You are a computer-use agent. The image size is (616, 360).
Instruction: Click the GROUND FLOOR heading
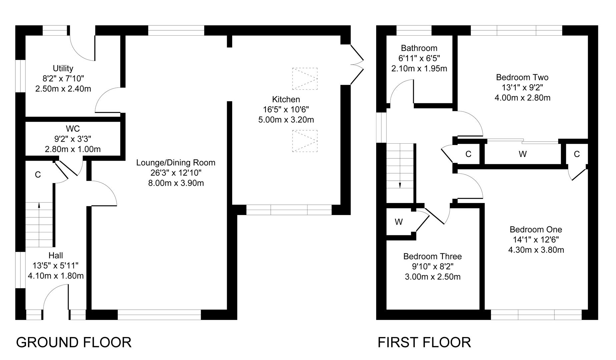(74, 342)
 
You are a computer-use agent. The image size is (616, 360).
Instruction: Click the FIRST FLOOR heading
(424, 342)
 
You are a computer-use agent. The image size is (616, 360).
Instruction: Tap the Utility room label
(63, 68)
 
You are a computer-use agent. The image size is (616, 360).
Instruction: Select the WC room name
(73, 128)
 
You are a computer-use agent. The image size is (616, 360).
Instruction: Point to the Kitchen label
(286, 99)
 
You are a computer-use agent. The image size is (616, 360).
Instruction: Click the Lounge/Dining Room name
(176, 163)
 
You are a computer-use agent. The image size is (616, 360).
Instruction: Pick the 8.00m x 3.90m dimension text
(176, 183)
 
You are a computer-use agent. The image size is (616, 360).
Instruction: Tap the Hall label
(56, 256)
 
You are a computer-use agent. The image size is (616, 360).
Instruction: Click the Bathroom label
(419, 48)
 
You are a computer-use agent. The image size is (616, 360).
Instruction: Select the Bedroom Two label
(522, 77)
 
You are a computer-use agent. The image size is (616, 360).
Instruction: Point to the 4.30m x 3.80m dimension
(536, 250)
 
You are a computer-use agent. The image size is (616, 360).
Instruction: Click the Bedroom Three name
(433, 256)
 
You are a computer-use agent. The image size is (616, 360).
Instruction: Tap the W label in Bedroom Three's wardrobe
(399, 222)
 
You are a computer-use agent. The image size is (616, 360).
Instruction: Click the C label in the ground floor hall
(38, 175)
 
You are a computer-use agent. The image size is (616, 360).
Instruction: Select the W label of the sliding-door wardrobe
(523, 154)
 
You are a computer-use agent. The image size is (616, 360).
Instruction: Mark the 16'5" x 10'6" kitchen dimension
(286, 109)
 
